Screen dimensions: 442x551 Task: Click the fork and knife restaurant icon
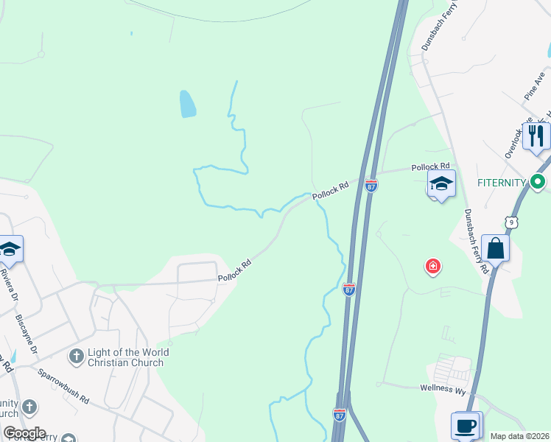[x=536, y=136]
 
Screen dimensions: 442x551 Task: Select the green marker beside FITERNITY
[x=538, y=181]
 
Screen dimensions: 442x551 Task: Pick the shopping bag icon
[x=496, y=248]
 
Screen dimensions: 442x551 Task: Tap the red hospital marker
[x=433, y=266]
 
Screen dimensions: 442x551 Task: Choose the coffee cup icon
[x=466, y=426]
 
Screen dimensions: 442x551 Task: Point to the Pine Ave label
[x=534, y=86]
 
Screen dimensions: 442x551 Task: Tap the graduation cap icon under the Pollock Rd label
[x=441, y=185]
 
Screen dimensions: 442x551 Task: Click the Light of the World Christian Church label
[x=128, y=357]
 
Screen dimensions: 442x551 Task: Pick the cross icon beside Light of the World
[x=76, y=357]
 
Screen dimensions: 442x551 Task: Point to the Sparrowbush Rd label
[x=64, y=386]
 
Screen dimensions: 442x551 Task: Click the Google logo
[x=24, y=433]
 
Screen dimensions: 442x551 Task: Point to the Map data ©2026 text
[x=520, y=436]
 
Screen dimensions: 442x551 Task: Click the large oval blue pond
[x=188, y=104]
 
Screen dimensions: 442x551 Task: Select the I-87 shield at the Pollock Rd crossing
[x=371, y=186]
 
